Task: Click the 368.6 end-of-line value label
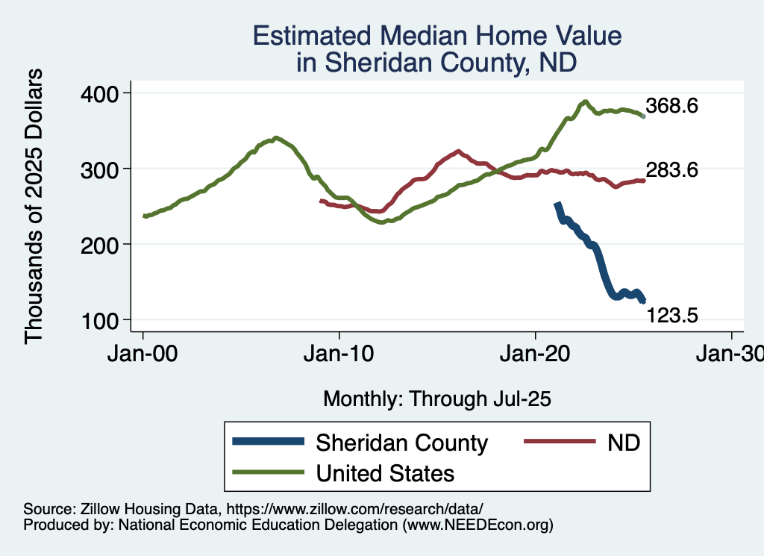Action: (671, 106)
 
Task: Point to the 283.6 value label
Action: (671, 170)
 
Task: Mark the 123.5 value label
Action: (671, 316)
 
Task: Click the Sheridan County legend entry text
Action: (402, 443)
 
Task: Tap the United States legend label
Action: (385, 473)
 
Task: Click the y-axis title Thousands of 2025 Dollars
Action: (34, 206)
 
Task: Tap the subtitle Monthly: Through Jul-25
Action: (436, 399)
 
